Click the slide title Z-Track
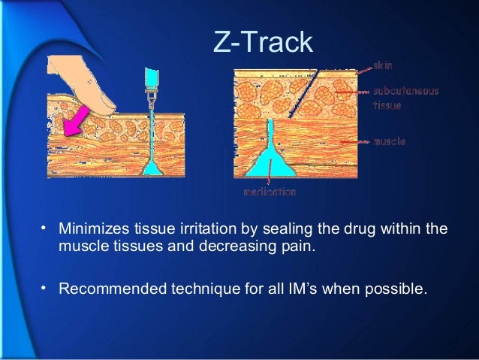click(x=262, y=43)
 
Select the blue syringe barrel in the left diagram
click(x=151, y=77)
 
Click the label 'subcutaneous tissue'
click(x=405, y=98)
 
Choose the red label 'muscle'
click(x=390, y=141)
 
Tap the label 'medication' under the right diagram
click(x=269, y=192)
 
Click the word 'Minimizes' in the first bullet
click(x=90, y=228)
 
